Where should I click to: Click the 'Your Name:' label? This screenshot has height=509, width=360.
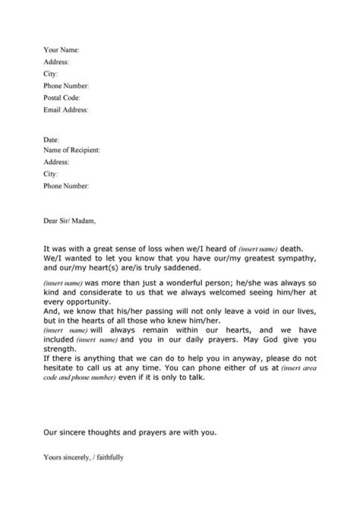pos(61,50)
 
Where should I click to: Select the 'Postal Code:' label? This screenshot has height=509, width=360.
pos(61,98)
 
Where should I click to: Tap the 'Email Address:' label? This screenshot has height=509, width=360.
pos(65,110)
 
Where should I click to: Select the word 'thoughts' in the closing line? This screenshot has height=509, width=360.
pos(105,432)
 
